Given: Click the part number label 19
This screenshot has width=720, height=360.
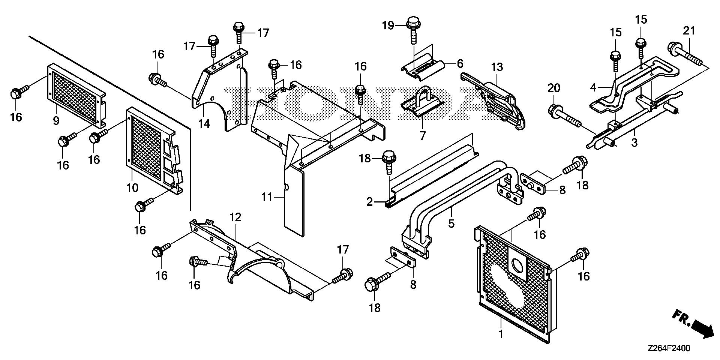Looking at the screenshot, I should [388, 25].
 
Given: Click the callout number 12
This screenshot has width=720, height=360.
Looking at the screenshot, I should [235, 217].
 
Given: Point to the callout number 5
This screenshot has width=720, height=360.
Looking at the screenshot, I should [451, 223].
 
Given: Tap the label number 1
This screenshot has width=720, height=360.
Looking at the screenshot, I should [501, 333].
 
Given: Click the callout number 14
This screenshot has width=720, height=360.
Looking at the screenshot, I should [204, 123].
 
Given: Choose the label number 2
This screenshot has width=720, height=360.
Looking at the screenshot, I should [370, 202].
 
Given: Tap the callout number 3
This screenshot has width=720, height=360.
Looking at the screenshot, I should [634, 142].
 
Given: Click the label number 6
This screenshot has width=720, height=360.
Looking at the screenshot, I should [460, 63].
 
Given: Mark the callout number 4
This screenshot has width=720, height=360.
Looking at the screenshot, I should [593, 88].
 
